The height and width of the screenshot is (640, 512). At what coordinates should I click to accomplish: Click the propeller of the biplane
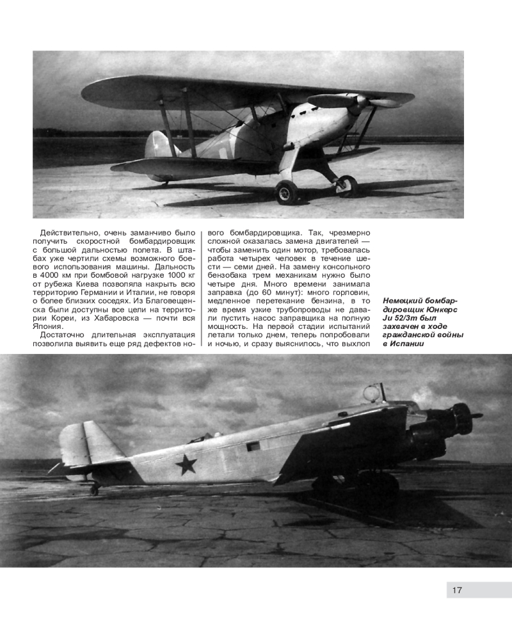pos(358,101)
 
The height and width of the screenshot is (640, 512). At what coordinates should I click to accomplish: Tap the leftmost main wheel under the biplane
pos(286,191)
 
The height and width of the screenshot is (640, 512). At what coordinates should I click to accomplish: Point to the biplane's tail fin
pos(156,146)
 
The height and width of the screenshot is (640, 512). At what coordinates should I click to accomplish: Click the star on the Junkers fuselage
pos(186,463)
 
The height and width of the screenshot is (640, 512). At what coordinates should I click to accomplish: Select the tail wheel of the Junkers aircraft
pos(95,490)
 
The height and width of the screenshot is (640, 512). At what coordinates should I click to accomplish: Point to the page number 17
pos(456,590)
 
